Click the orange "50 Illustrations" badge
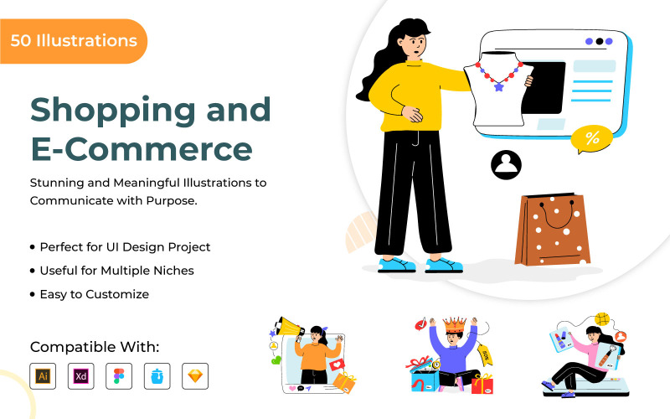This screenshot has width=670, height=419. [73, 40]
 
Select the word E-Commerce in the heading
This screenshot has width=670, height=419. [141, 148]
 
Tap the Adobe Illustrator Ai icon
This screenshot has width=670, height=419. [43, 376]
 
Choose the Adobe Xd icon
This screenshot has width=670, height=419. [81, 376]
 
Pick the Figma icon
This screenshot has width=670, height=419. [119, 376]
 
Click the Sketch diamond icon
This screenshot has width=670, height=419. [195, 376]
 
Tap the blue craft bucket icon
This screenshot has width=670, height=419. [157, 376]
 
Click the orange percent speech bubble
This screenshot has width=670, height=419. [591, 139]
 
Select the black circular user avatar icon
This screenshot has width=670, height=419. [506, 164]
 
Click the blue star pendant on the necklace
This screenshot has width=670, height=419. [500, 85]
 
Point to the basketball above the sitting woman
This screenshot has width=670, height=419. [602, 319]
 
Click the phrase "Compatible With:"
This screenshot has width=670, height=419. [95, 347]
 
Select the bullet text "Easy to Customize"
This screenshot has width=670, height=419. [94, 294]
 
